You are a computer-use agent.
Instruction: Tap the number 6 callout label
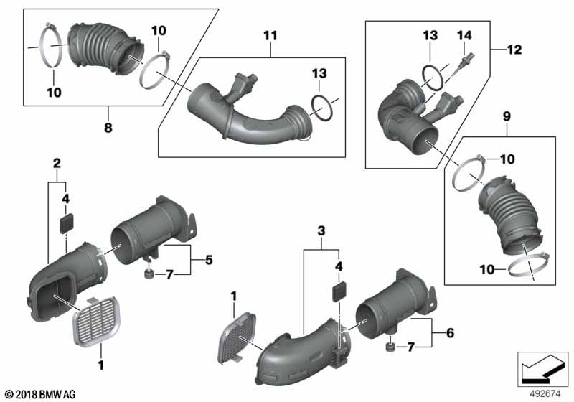(x=450, y=333)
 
